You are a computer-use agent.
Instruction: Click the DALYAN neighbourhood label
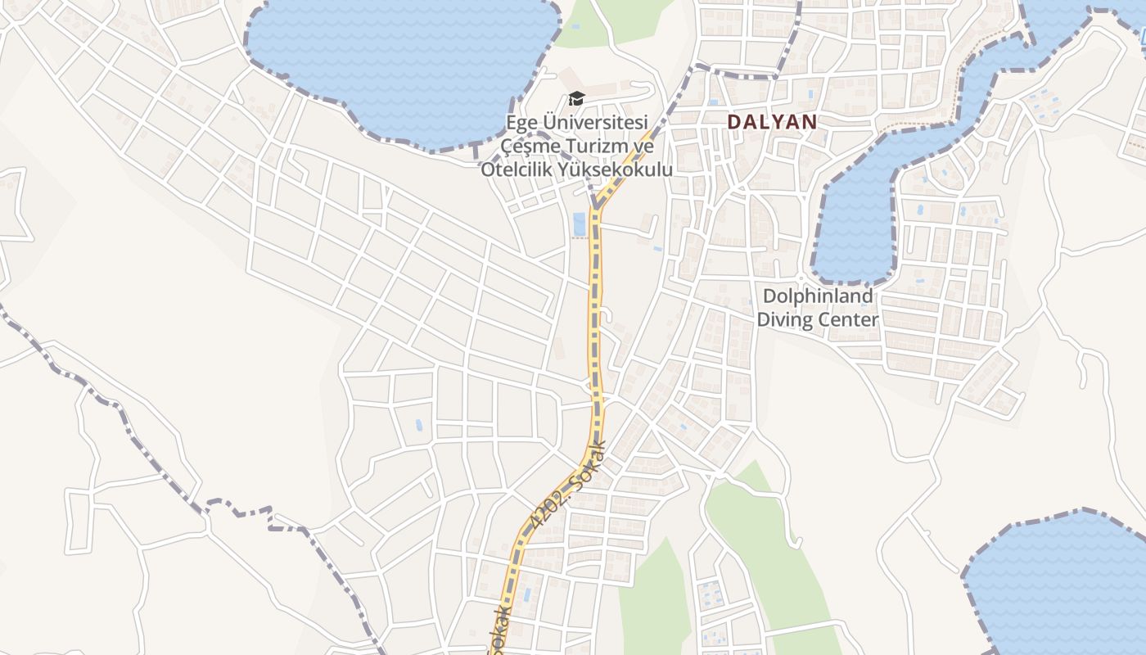772,122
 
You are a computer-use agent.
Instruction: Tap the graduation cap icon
577,99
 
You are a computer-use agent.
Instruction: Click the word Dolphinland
817,296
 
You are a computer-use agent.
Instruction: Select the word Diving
784,319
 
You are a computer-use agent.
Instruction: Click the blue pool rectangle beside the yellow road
580,223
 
